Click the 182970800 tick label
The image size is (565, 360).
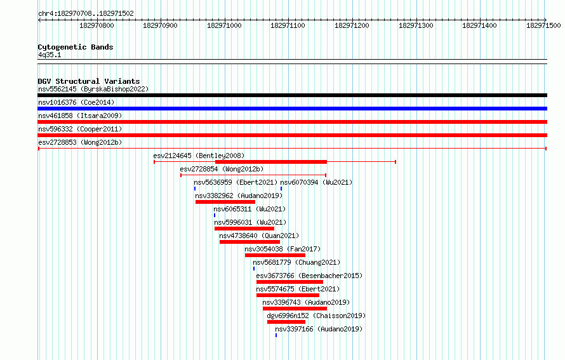[96, 25]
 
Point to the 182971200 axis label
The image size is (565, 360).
[352, 25]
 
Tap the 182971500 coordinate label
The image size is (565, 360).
[543, 25]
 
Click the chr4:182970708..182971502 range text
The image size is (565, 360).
[86, 13]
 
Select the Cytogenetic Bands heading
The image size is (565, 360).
[76, 47]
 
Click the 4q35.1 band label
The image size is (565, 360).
[50, 55]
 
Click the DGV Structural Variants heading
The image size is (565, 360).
[89, 81]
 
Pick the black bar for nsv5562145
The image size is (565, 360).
[292, 95]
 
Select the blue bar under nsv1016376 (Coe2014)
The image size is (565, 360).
[292, 109]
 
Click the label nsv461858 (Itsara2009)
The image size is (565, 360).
[80, 116]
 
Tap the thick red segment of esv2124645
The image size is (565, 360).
[271, 162]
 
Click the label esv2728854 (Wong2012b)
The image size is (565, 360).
[222, 169]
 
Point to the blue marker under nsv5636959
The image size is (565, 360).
[195, 189]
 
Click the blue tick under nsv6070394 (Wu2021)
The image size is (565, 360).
[281, 189]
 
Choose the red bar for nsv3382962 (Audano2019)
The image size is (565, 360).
[225, 202]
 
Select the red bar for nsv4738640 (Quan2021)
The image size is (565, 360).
[249, 242]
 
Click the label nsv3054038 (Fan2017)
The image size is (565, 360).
[282, 249]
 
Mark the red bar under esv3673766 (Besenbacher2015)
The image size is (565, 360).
[289, 282]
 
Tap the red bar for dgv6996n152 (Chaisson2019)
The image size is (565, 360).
[286, 322]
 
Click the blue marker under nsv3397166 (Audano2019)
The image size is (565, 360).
[276, 335]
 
